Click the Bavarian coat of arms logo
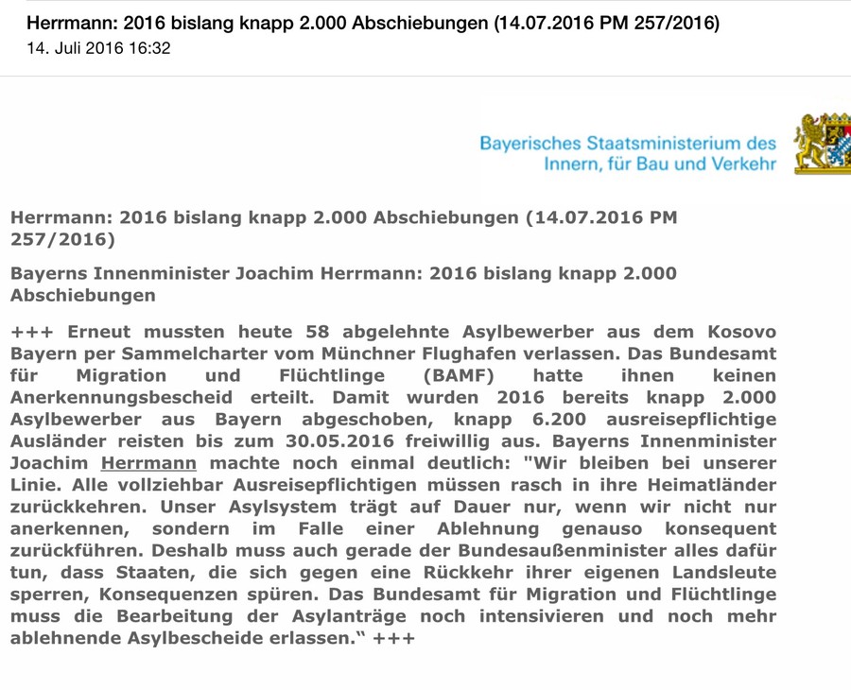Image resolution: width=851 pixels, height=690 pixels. click(x=822, y=144)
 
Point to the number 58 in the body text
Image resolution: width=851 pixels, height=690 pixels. click(x=320, y=332)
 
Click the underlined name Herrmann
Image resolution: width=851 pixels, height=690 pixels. click(x=148, y=463)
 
